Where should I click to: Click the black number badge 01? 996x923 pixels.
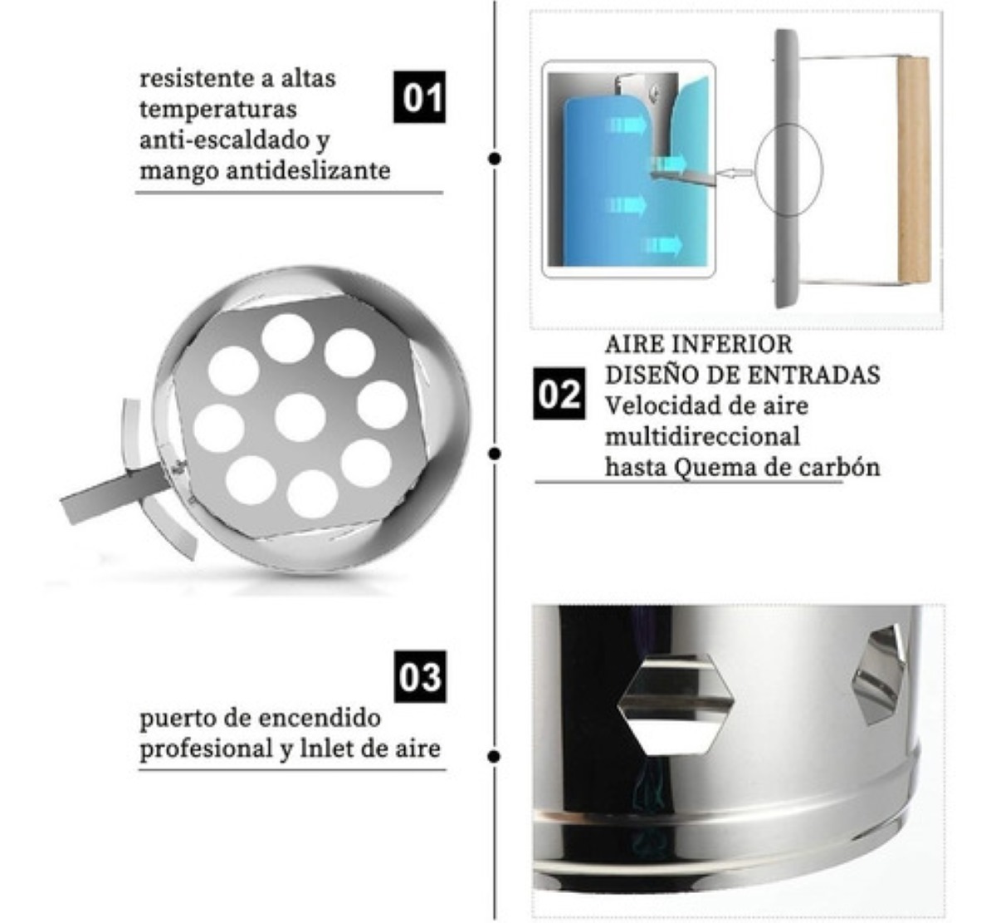(x=419, y=96)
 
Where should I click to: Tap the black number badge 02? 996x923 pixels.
(x=559, y=393)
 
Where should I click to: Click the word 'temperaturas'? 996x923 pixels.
(x=217, y=109)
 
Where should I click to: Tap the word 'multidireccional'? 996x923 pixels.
(x=702, y=436)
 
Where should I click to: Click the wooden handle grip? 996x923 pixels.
(x=913, y=170)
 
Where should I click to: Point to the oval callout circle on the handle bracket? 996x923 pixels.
(x=788, y=169)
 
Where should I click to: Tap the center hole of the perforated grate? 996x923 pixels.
(x=300, y=417)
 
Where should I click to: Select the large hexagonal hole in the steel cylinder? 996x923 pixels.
(x=676, y=704)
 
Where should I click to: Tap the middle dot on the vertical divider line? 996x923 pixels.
(x=495, y=454)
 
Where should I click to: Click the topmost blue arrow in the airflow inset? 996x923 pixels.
(x=631, y=125)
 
